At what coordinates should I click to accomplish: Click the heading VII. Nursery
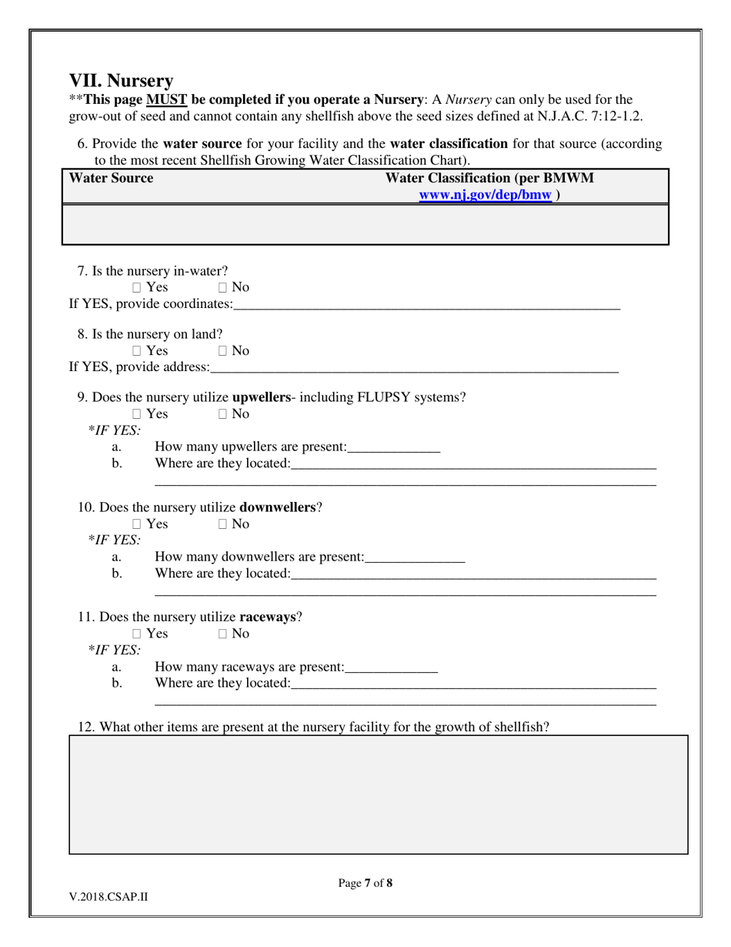pyautogui.click(x=121, y=81)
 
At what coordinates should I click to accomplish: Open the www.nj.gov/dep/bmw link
pyautogui.click(x=486, y=195)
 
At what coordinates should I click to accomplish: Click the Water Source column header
pyautogui.click(x=111, y=179)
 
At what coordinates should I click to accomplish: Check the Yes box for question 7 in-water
pyautogui.click(x=137, y=288)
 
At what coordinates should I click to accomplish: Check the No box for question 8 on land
pyautogui.click(x=222, y=351)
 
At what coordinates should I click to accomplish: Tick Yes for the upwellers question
pyautogui.click(x=137, y=414)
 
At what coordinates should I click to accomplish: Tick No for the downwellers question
pyautogui.click(x=222, y=524)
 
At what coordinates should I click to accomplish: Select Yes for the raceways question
pyautogui.click(x=137, y=634)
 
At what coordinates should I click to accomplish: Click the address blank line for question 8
pyautogui.click(x=414, y=368)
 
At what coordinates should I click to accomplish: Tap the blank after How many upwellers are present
pyautogui.click(x=393, y=447)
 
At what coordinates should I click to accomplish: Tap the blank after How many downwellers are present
pyautogui.click(x=415, y=557)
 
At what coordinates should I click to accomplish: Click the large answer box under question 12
pyautogui.click(x=379, y=795)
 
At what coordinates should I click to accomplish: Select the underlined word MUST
pyautogui.click(x=167, y=100)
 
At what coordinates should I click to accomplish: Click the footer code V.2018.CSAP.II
pyautogui.click(x=108, y=896)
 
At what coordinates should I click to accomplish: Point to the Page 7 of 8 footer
pyautogui.click(x=365, y=883)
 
